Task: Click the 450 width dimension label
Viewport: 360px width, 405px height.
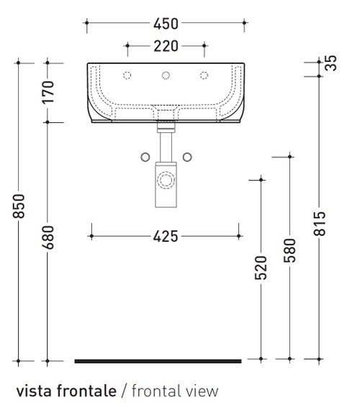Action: [166, 24]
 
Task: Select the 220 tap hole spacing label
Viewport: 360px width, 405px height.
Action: [166, 48]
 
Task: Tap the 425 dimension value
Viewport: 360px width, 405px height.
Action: [164, 235]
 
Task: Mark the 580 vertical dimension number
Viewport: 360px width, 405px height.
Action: [289, 250]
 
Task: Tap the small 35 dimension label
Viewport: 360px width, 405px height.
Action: [331, 63]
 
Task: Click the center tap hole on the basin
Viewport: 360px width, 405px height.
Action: [166, 76]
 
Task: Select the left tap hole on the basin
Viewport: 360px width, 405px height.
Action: [127, 76]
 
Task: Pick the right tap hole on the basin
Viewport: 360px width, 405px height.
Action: [204, 76]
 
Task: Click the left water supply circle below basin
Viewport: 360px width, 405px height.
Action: [144, 156]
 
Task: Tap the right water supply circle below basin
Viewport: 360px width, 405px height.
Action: [188, 156]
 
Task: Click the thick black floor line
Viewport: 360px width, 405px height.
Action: [158, 358]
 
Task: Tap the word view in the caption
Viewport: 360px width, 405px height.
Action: [201, 391]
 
